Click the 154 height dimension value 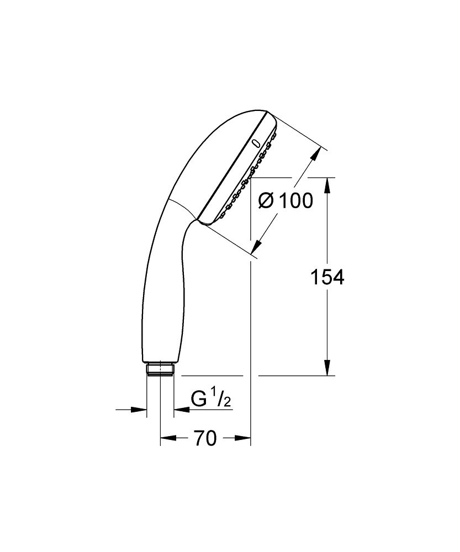(327, 278)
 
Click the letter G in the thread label (198, 399)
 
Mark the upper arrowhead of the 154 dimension (327, 185)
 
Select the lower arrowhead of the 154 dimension (327, 368)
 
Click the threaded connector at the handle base (160, 369)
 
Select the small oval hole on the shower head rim (255, 144)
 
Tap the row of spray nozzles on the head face (248, 177)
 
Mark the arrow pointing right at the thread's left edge (140, 409)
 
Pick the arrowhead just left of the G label (180, 409)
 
